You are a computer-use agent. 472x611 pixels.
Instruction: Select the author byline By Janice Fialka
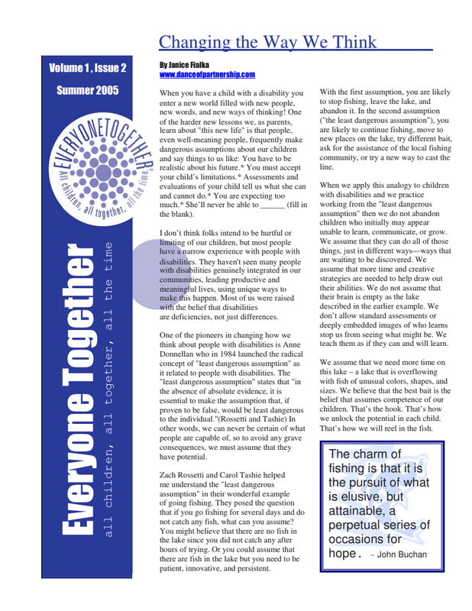[188, 66]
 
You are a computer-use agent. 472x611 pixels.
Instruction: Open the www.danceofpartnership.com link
[207, 75]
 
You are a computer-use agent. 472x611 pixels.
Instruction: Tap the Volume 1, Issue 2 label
[88, 68]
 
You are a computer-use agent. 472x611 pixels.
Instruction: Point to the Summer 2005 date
[88, 91]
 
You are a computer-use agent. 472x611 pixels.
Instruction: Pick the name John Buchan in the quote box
[402, 554]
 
